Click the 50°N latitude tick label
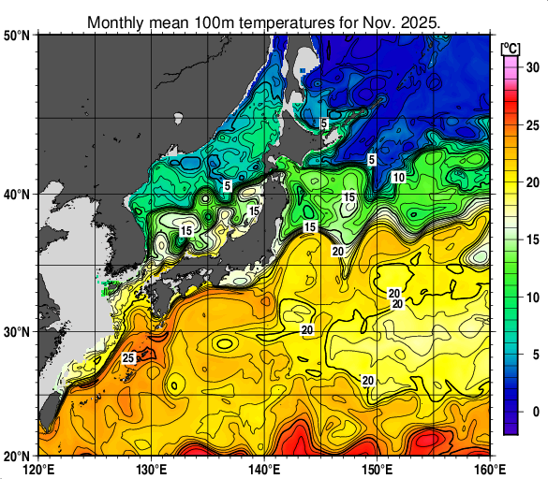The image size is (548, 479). point(18,36)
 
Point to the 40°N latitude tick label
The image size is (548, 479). point(18,195)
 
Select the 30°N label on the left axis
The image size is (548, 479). point(18,332)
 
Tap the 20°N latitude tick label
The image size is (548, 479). point(18,456)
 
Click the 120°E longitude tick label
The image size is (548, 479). point(38,468)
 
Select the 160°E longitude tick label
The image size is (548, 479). point(489,468)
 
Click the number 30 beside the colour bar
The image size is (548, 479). point(530,67)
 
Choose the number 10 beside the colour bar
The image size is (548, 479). point(530,298)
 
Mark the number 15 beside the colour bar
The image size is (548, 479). point(530,239)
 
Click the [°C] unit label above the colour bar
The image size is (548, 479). point(511,48)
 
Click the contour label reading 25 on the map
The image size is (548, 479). point(129,358)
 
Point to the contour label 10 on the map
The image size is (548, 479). point(398,178)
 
